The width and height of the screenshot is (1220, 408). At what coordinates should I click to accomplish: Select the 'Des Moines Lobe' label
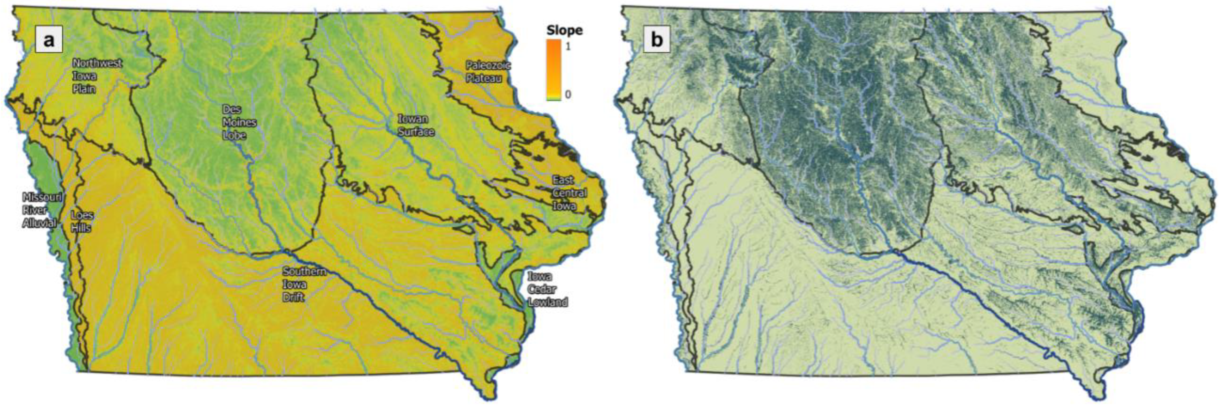[239, 122]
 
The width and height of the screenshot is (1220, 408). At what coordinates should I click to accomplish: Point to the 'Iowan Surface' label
[415, 125]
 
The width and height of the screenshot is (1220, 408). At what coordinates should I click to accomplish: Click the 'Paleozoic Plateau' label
[487, 72]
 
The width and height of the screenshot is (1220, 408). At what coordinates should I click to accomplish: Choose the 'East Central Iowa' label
[569, 193]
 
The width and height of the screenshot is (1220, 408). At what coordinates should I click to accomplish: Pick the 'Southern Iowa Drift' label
[304, 284]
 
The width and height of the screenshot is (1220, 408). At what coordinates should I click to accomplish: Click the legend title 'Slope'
[564, 31]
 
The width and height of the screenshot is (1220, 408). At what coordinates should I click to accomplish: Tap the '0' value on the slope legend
[568, 94]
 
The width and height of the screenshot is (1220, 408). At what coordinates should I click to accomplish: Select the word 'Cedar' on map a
[542, 289]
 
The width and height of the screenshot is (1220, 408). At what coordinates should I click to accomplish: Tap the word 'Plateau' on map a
[484, 78]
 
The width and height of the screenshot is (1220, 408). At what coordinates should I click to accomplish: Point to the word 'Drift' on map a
[294, 297]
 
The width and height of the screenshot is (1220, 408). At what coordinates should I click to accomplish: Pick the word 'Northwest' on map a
[97, 63]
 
